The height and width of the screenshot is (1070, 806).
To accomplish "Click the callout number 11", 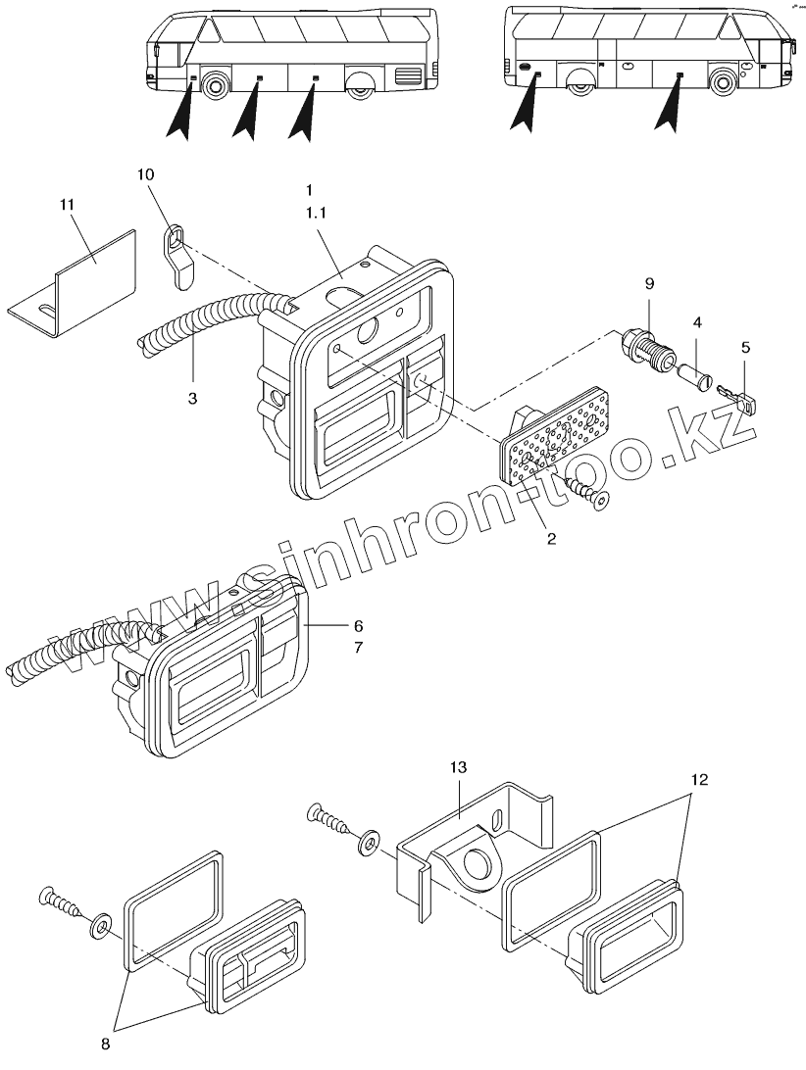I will pos(67,204).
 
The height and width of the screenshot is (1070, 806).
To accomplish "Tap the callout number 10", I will pos(145,173).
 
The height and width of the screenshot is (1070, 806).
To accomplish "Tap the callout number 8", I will pos(107,1044).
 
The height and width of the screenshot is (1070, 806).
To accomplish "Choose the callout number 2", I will pos(551,538).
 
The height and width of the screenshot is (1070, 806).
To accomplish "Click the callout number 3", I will pos(193,399).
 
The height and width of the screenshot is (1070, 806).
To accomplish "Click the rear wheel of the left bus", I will pos(362,85).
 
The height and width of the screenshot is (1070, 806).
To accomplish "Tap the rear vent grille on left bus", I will pos(407,76).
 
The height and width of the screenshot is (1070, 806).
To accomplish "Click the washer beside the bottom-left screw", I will pos(101,924).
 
